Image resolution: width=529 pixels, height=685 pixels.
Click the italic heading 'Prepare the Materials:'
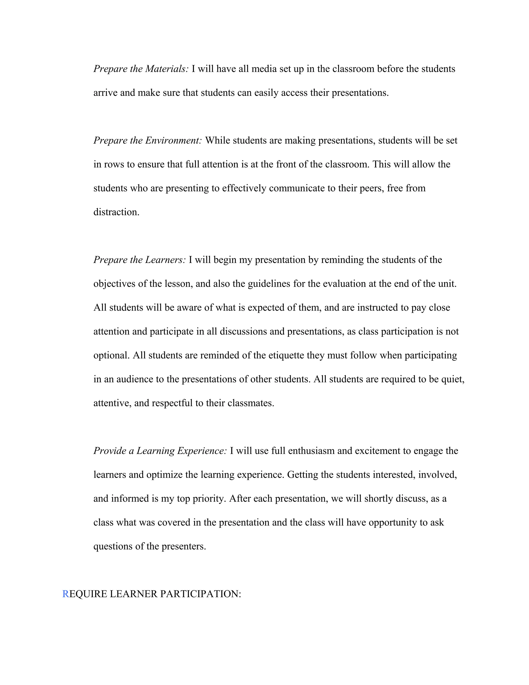141,69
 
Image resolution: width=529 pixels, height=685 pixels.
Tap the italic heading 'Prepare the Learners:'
139,260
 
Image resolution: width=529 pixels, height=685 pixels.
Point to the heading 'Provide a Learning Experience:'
160,451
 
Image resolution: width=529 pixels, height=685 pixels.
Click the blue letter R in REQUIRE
66,594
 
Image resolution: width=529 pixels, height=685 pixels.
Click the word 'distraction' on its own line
116,212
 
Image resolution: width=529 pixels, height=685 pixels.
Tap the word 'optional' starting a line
111,355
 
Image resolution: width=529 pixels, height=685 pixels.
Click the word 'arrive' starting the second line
105,93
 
